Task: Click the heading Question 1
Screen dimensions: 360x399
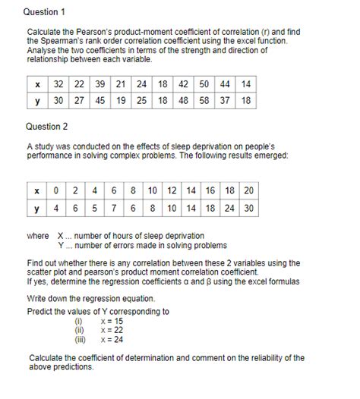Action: pos(45,12)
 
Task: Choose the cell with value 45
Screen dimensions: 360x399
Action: pos(100,100)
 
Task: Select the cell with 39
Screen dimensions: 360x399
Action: pos(100,83)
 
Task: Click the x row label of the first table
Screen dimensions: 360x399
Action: pos(37,83)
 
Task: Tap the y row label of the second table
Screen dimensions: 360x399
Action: pos(37,208)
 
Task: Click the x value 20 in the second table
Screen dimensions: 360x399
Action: pos(248,190)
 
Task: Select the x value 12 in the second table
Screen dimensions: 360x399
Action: pos(172,190)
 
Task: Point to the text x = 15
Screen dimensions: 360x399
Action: pos(111,322)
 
